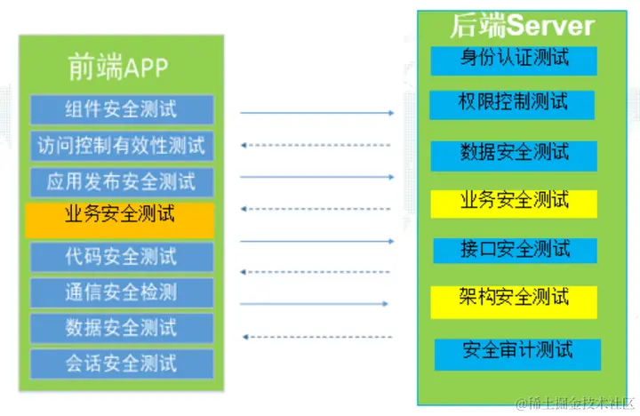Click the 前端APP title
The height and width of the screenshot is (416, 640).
point(118,68)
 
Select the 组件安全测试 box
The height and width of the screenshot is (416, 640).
point(122,109)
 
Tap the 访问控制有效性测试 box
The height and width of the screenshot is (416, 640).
point(122,146)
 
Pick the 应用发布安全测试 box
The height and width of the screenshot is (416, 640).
point(122,182)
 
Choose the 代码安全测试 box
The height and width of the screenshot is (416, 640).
point(122,257)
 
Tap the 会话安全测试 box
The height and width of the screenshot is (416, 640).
point(122,363)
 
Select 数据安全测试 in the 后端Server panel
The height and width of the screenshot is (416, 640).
point(514,153)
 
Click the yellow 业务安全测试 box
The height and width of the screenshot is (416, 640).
point(514,201)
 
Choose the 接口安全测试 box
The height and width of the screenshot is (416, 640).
point(514,250)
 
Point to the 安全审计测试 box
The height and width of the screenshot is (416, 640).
point(517,352)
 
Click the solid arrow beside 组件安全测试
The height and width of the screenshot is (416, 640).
point(316,113)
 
